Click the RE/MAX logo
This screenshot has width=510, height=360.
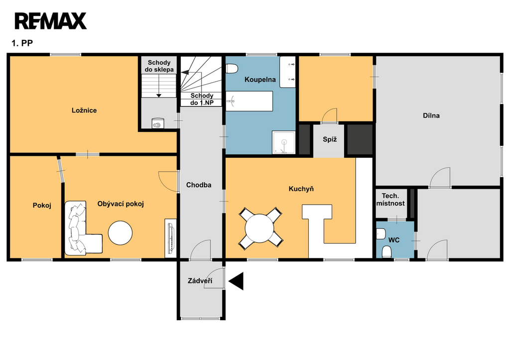click(x=50, y=21)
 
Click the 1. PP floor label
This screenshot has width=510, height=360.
click(x=22, y=43)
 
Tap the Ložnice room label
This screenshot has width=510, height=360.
click(x=84, y=110)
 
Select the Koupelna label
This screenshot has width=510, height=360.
click(x=260, y=79)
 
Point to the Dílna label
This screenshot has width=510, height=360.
click(x=431, y=116)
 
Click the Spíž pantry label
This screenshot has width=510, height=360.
click(x=330, y=139)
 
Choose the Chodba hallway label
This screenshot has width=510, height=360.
click(x=199, y=185)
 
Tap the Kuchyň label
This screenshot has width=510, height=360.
click(x=301, y=189)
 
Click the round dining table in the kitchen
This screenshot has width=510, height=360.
click(x=259, y=228)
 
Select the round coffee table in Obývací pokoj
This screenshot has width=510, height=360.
click(x=121, y=233)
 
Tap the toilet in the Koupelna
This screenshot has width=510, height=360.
click(x=232, y=69)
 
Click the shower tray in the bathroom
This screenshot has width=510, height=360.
click(x=284, y=142)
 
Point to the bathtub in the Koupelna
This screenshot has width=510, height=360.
click(x=249, y=101)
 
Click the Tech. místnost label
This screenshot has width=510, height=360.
click(x=390, y=200)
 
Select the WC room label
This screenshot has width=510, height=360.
click(x=394, y=240)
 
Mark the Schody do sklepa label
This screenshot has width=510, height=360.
click(x=159, y=66)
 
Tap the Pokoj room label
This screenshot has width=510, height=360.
click(x=42, y=206)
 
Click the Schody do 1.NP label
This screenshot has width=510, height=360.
click(x=202, y=99)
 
